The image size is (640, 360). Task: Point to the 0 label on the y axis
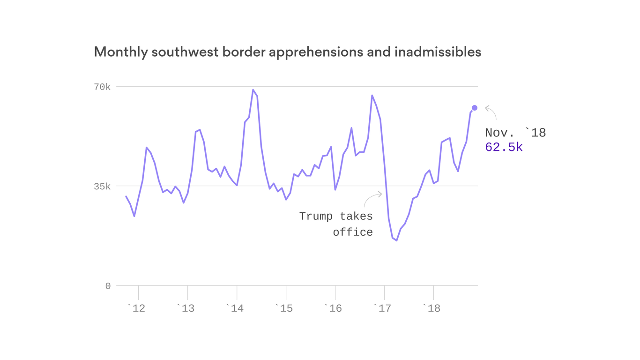click(108, 286)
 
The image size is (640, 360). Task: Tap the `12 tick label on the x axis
click(136, 308)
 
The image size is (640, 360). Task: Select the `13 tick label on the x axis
click(186, 308)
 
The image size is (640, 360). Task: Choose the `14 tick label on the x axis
click(235, 308)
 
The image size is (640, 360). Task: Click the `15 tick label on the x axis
click(284, 308)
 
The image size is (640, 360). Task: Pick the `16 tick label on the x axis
click(333, 308)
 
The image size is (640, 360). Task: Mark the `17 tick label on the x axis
click(382, 308)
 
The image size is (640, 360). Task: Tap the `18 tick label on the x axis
click(432, 308)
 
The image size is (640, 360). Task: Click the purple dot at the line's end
click(474, 108)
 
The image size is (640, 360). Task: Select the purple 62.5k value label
click(504, 147)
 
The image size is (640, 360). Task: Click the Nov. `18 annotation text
click(515, 133)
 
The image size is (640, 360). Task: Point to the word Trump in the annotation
click(316, 216)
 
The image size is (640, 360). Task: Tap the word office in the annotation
click(353, 232)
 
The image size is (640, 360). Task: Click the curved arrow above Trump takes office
click(372, 198)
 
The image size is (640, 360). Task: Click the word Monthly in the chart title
click(120, 52)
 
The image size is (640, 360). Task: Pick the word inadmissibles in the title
click(438, 52)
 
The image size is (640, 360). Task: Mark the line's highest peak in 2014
click(253, 90)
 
